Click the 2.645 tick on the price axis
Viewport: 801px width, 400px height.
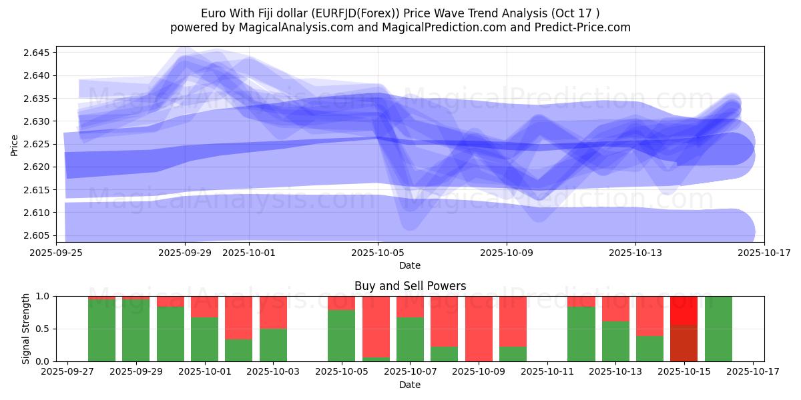(39, 53)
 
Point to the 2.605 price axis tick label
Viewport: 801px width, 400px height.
(39, 235)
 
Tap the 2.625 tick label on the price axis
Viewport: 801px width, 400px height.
(39, 144)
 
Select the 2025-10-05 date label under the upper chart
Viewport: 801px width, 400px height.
(378, 253)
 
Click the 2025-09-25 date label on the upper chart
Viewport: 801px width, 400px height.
(56, 253)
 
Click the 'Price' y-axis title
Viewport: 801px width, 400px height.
(15, 144)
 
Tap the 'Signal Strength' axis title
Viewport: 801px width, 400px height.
(25, 329)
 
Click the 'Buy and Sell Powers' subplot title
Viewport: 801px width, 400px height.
(410, 286)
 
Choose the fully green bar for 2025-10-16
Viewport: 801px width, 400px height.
(718, 329)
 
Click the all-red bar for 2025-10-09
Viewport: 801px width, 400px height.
(479, 329)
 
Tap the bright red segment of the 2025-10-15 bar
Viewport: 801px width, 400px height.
(684, 311)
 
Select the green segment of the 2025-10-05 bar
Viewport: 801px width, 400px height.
(341, 336)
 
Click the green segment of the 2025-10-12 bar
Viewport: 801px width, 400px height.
(581, 334)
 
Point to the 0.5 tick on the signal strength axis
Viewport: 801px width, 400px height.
(45, 329)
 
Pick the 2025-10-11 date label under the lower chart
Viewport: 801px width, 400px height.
(547, 372)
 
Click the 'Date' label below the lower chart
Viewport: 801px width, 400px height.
(410, 385)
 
